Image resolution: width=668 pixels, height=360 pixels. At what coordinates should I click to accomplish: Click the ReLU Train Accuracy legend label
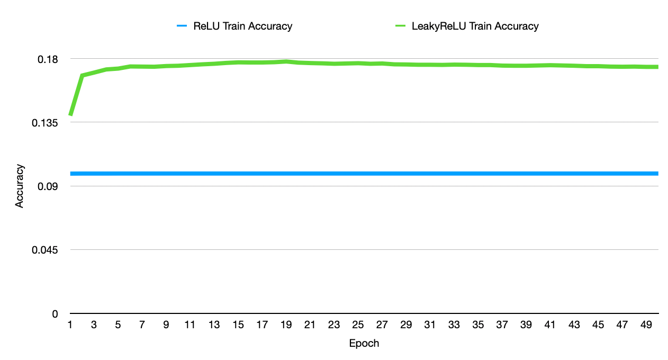[x=242, y=26]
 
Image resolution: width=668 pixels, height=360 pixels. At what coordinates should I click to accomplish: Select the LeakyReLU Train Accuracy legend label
[x=475, y=26]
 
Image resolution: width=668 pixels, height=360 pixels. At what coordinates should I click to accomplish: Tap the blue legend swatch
[x=182, y=26]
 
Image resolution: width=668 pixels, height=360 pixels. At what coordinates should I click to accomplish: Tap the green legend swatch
[x=400, y=26]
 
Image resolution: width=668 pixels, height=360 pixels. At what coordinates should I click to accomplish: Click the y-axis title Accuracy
[x=20, y=186]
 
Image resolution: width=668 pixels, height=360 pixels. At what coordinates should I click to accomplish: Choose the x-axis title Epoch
[x=364, y=343]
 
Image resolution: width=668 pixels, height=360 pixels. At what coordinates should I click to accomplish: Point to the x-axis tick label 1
[x=70, y=325]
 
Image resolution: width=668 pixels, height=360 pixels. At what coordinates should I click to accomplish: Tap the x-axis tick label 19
[x=286, y=325]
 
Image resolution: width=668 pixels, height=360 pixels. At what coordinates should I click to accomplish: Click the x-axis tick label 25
[x=358, y=325]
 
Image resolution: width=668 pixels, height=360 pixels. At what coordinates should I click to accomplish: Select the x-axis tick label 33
[x=454, y=325]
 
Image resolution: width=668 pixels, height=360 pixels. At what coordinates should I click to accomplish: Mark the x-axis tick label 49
[x=645, y=325]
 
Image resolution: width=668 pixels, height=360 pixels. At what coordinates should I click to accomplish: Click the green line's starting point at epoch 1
[x=70, y=115]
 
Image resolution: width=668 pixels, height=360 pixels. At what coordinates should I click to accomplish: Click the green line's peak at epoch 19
[x=286, y=61]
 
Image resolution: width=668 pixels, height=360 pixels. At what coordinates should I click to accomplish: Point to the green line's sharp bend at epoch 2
[x=83, y=75]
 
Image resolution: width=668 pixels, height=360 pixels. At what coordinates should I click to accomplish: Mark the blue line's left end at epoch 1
[x=70, y=174]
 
